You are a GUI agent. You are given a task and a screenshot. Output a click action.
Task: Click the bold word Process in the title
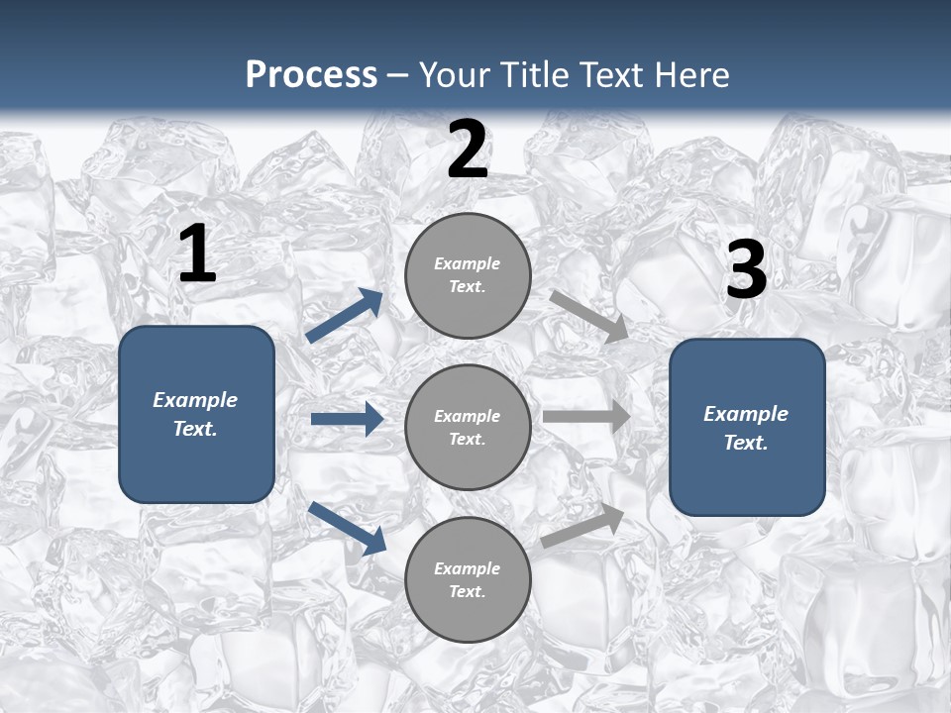[x=311, y=75]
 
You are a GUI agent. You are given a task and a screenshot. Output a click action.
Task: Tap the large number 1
[x=197, y=255]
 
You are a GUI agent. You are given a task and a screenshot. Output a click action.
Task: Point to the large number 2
[x=468, y=151]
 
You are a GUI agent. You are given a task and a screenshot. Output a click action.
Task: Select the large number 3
[x=747, y=270]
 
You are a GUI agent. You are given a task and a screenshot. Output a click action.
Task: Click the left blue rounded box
[x=196, y=414]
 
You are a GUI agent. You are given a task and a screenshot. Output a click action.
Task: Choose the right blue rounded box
[x=747, y=428]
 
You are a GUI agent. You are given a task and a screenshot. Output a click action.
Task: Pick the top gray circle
[x=468, y=275]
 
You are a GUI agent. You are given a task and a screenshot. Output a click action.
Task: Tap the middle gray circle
[x=468, y=428]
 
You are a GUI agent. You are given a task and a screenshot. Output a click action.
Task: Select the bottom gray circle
[x=468, y=580]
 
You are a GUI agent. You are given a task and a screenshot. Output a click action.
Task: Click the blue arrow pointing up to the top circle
[x=345, y=316]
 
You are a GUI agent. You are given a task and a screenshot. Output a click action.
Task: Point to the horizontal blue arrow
[x=347, y=419]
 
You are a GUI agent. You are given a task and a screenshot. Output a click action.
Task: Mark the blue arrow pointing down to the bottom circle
[x=347, y=527]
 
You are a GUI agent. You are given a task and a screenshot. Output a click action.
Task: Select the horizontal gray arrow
[x=586, y=416]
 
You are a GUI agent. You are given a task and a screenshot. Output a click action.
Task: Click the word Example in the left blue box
[x=195, y=400]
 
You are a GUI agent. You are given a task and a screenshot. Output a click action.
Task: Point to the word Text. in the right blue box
[x=746, y=443]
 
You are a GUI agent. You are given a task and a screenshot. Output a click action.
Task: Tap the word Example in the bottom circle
[x=468, y=568]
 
